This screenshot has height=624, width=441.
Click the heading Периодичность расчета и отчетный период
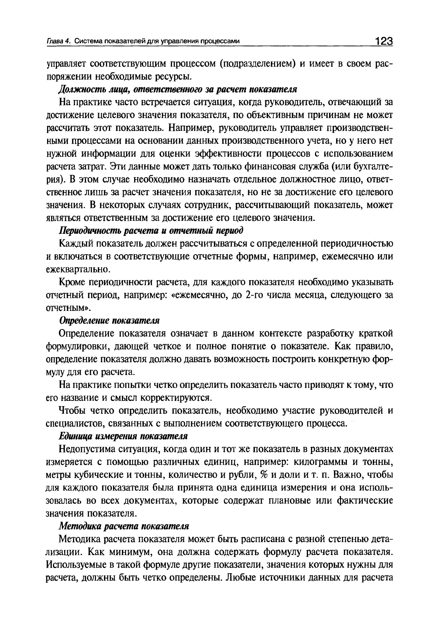[151, 230]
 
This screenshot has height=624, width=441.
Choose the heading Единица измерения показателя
[123, 436]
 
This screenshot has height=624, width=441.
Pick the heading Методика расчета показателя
[124, 526]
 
